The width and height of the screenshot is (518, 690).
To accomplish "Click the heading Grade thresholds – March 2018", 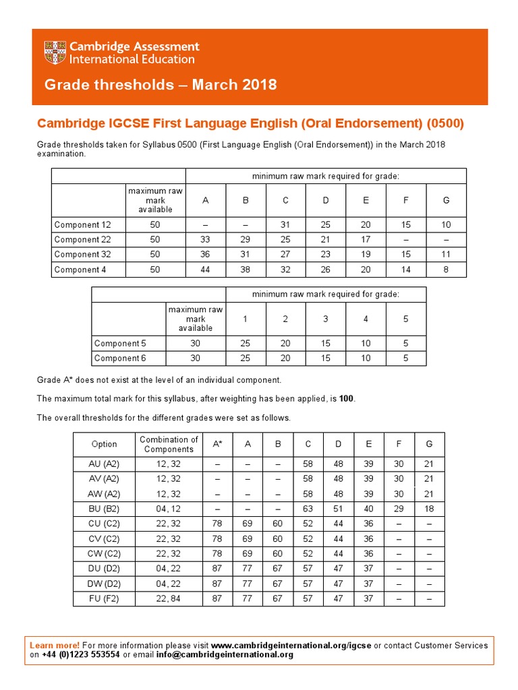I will (x=161, y=85).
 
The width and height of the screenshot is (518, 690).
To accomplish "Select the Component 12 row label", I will (x=82, y=225).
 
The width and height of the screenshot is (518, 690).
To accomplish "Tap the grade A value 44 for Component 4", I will (x=205, y=270).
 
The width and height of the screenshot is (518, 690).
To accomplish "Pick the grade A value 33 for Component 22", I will (x=205, y=240).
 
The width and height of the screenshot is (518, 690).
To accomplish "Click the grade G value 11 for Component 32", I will (x=446, y=255).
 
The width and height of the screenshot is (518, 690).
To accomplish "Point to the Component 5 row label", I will (x=120, y=343).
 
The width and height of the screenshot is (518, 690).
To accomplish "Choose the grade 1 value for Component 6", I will (x=246, y=358).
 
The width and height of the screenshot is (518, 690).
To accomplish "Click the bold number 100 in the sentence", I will (x=347, y=399).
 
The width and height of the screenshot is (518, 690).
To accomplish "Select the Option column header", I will (x=105, y=444).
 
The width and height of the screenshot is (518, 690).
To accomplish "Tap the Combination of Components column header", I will (x=169, y=444).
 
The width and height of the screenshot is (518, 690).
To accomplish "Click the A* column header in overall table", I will (x=217, y=444).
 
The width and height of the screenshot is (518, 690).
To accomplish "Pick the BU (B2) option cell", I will (x=105, y=509).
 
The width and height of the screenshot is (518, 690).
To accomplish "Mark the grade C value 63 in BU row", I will (x=308, y=509).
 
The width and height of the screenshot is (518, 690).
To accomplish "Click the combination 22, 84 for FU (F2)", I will (x=169, y=598).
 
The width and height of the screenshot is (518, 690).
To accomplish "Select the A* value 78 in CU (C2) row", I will (x=217, y=524).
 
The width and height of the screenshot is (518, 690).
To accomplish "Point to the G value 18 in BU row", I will (x=430, y=509).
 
